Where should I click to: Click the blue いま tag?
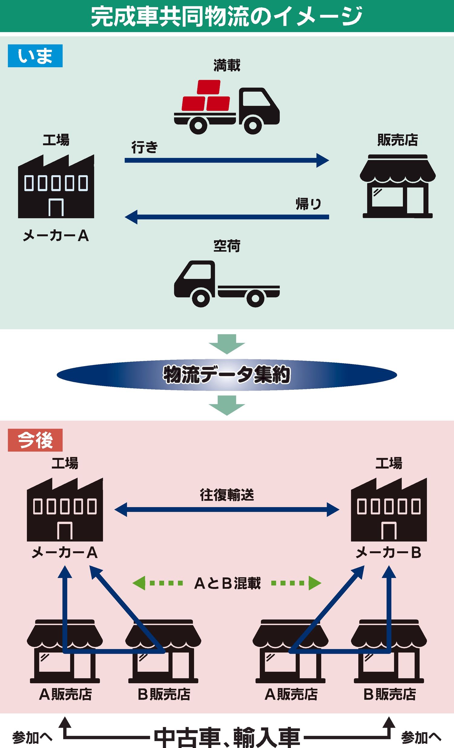[x=35, y=56]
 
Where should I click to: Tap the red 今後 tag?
[x=35, y=440]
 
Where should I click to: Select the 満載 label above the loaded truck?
[x=227, y=65]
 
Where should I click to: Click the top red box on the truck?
[x=209, y=87]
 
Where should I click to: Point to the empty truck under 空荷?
[x=226, y=284]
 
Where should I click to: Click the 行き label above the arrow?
[x=145, y=148]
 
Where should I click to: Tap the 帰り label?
[x=308, y=204]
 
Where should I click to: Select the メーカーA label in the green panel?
[x=56, y=236]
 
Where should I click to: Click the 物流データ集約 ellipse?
[x=227, y=375]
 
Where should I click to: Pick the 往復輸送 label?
[x=227, y=495]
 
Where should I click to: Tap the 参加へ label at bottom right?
[x=421, y=737]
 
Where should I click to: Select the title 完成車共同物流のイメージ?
[x=227, y=16]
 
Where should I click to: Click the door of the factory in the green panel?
[x=56, y=208]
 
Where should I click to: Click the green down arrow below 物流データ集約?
[x=227, y=405]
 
